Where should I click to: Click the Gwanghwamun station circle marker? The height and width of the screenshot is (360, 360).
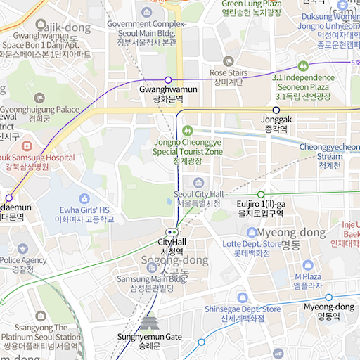point(168,79)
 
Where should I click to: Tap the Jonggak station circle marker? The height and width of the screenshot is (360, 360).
point(276,110)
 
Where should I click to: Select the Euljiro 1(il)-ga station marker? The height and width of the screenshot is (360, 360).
point(261,194)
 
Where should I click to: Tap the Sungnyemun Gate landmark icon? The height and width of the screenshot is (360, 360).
point(149,323)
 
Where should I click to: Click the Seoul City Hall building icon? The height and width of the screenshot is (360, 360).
point(198,183)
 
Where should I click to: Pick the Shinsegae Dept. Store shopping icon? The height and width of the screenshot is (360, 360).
point(242,297)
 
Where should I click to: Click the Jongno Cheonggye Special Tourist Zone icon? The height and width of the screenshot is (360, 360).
point(187,130)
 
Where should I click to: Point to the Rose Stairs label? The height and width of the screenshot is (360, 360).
point(229,73)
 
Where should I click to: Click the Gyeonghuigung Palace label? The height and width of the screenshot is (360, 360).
point(39,110)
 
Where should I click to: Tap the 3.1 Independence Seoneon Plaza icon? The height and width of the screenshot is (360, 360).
point(303,65)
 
